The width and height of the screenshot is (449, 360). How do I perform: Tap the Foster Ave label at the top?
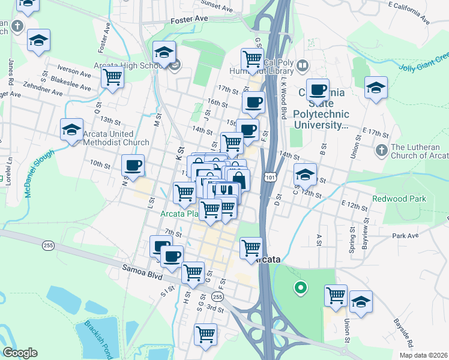coord(188,19)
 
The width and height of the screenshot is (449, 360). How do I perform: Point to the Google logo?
coord(20,353)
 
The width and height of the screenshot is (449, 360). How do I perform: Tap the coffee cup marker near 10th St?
coord(133,165)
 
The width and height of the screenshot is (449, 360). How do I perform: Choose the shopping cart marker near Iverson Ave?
coord(113,77)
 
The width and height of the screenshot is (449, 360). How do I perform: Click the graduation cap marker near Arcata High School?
coord(163,52)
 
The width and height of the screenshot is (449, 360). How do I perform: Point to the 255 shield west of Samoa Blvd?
coord(49,245)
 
